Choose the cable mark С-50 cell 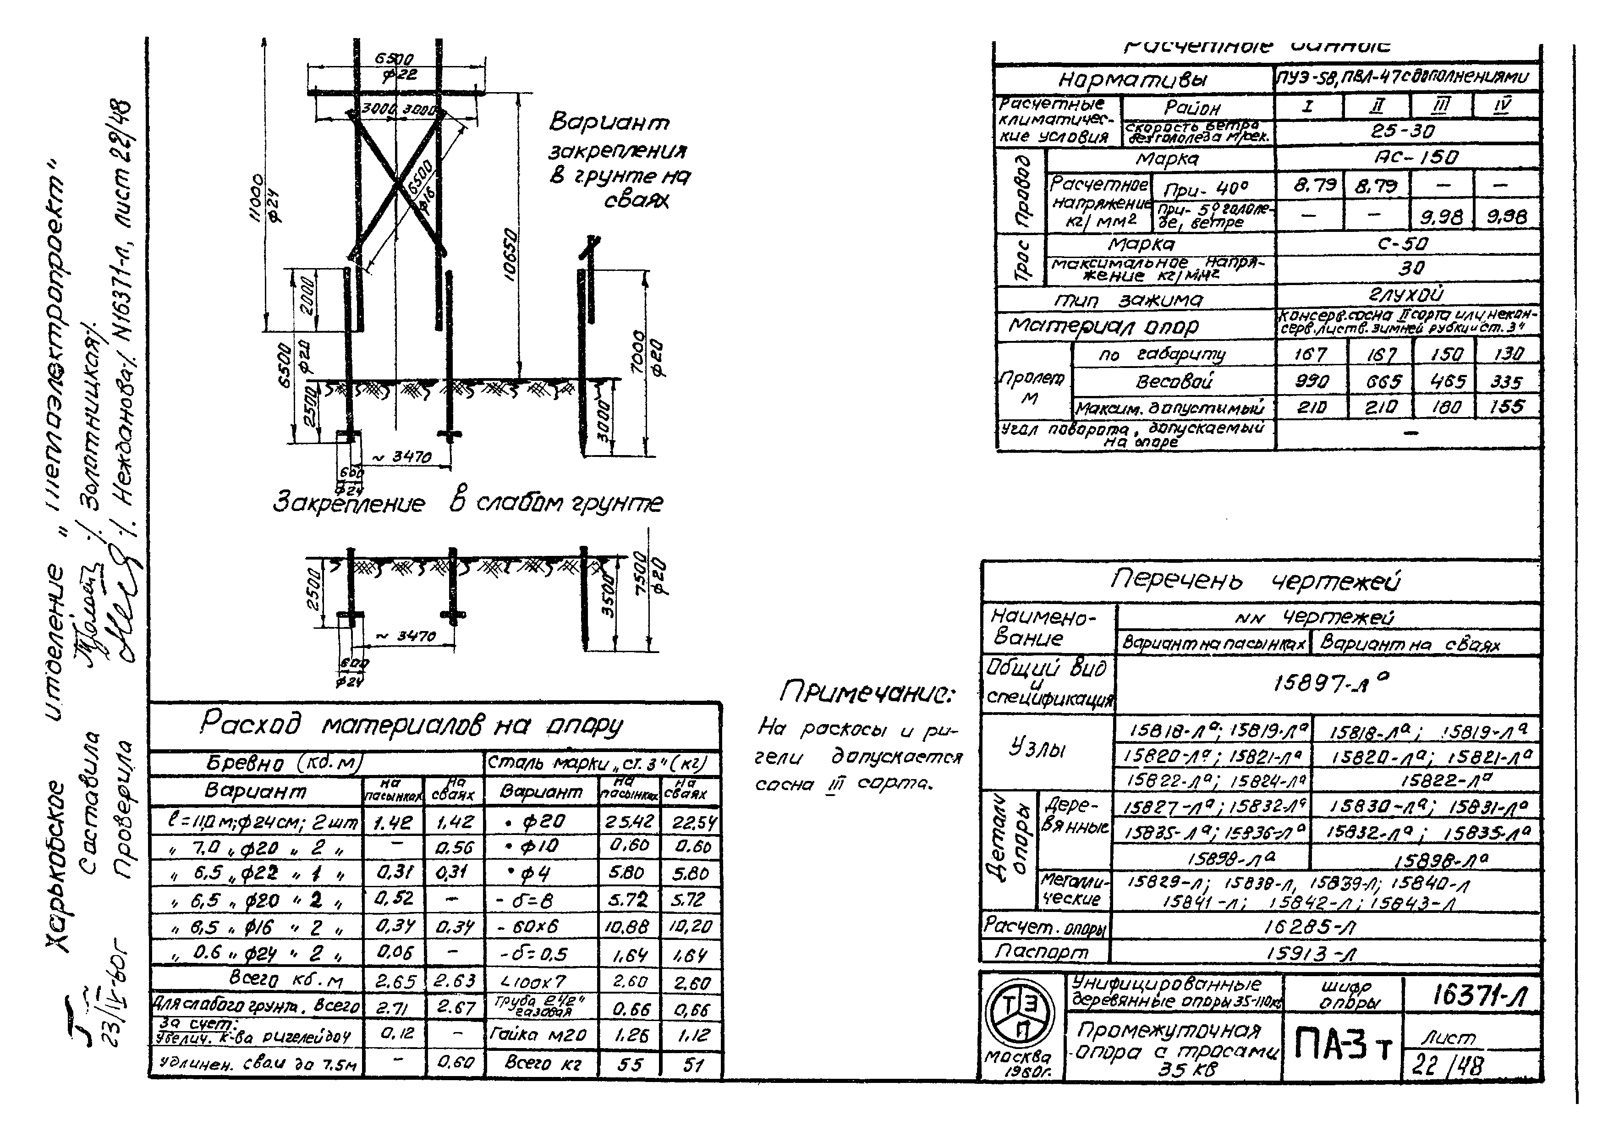1408,244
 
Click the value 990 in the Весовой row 1311,382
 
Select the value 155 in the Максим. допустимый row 1507,407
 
